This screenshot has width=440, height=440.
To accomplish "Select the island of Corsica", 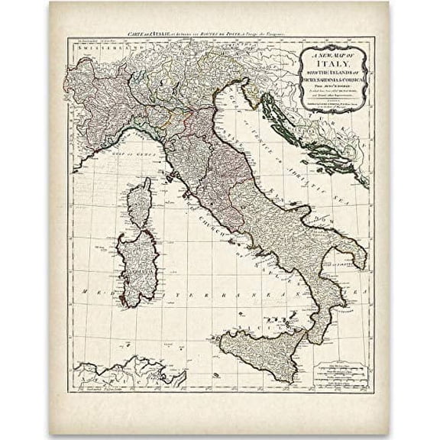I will tap(138, 202).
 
